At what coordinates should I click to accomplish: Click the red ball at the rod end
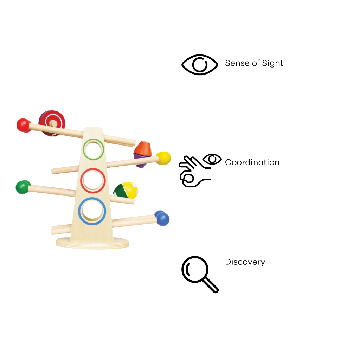point(24,126)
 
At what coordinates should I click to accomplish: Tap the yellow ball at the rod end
point(163,158)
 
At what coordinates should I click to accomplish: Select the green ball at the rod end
point(22,187)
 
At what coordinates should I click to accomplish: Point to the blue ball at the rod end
point(162,218)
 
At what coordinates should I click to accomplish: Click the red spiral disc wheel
point(52,123)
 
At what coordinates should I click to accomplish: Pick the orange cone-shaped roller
point(143,149)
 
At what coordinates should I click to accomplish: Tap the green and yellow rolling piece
point(126,190)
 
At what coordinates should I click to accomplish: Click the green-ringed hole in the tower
point(94,149)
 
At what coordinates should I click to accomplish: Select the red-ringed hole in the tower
point(93,181)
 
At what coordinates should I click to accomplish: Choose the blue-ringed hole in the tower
point(92,211)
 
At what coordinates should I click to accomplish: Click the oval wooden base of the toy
point(92,243)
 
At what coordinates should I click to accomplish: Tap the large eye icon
point(200,65)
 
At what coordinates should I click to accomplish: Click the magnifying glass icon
point(200,274)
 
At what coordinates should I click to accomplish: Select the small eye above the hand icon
point(212,159)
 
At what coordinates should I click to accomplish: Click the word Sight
point(273,63)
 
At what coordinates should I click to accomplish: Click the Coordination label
point(252,162)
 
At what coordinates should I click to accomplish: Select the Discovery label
point(245,262)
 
